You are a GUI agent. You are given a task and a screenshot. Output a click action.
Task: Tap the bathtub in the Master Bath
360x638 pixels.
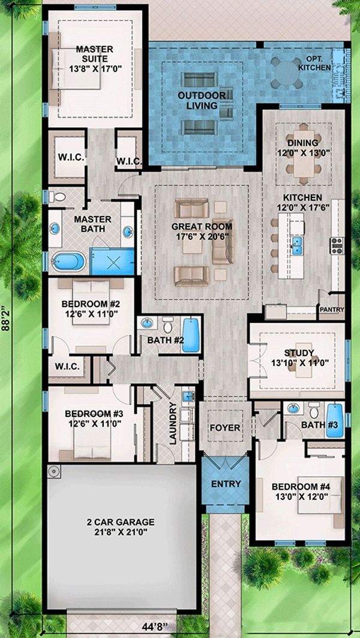68,261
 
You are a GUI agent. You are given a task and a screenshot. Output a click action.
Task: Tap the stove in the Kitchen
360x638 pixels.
337,245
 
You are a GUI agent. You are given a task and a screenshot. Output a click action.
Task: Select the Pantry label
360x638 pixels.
332,309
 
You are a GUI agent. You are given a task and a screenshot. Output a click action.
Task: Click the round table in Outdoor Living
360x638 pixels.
287,73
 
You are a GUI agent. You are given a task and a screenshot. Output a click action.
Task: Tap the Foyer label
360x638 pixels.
225,428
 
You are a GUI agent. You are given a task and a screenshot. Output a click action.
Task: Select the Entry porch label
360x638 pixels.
226,484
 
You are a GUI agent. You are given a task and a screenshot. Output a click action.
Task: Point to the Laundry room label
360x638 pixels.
173,424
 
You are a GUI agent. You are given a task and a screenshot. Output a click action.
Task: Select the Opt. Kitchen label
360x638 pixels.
314,64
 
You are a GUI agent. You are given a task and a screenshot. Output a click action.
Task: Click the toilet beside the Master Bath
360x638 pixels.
58,197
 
